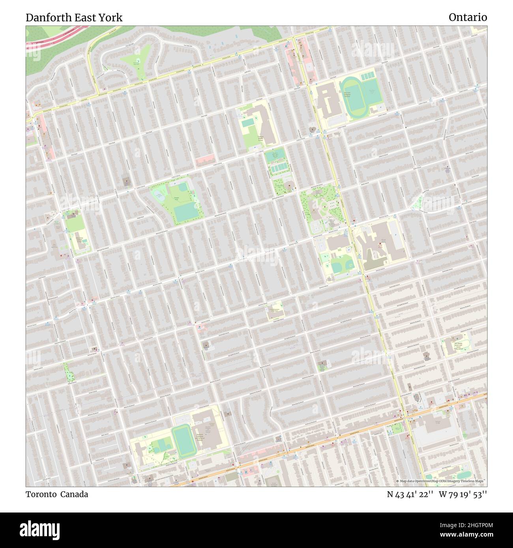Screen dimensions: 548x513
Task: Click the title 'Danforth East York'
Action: pyautogui.click(x=74, y=17)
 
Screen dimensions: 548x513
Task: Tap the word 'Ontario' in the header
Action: pyautogui.click(x=468, y=17)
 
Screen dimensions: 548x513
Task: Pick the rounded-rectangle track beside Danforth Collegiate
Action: pyautogui.click(x=182, y=441)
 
